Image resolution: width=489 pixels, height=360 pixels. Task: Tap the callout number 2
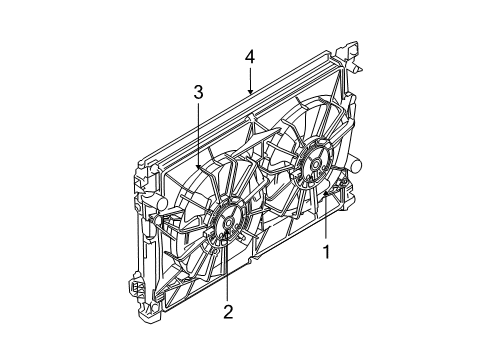228,313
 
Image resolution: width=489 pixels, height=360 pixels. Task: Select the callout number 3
199,93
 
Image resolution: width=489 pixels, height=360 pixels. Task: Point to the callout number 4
249,58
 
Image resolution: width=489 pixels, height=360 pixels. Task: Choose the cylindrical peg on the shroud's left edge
154,214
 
